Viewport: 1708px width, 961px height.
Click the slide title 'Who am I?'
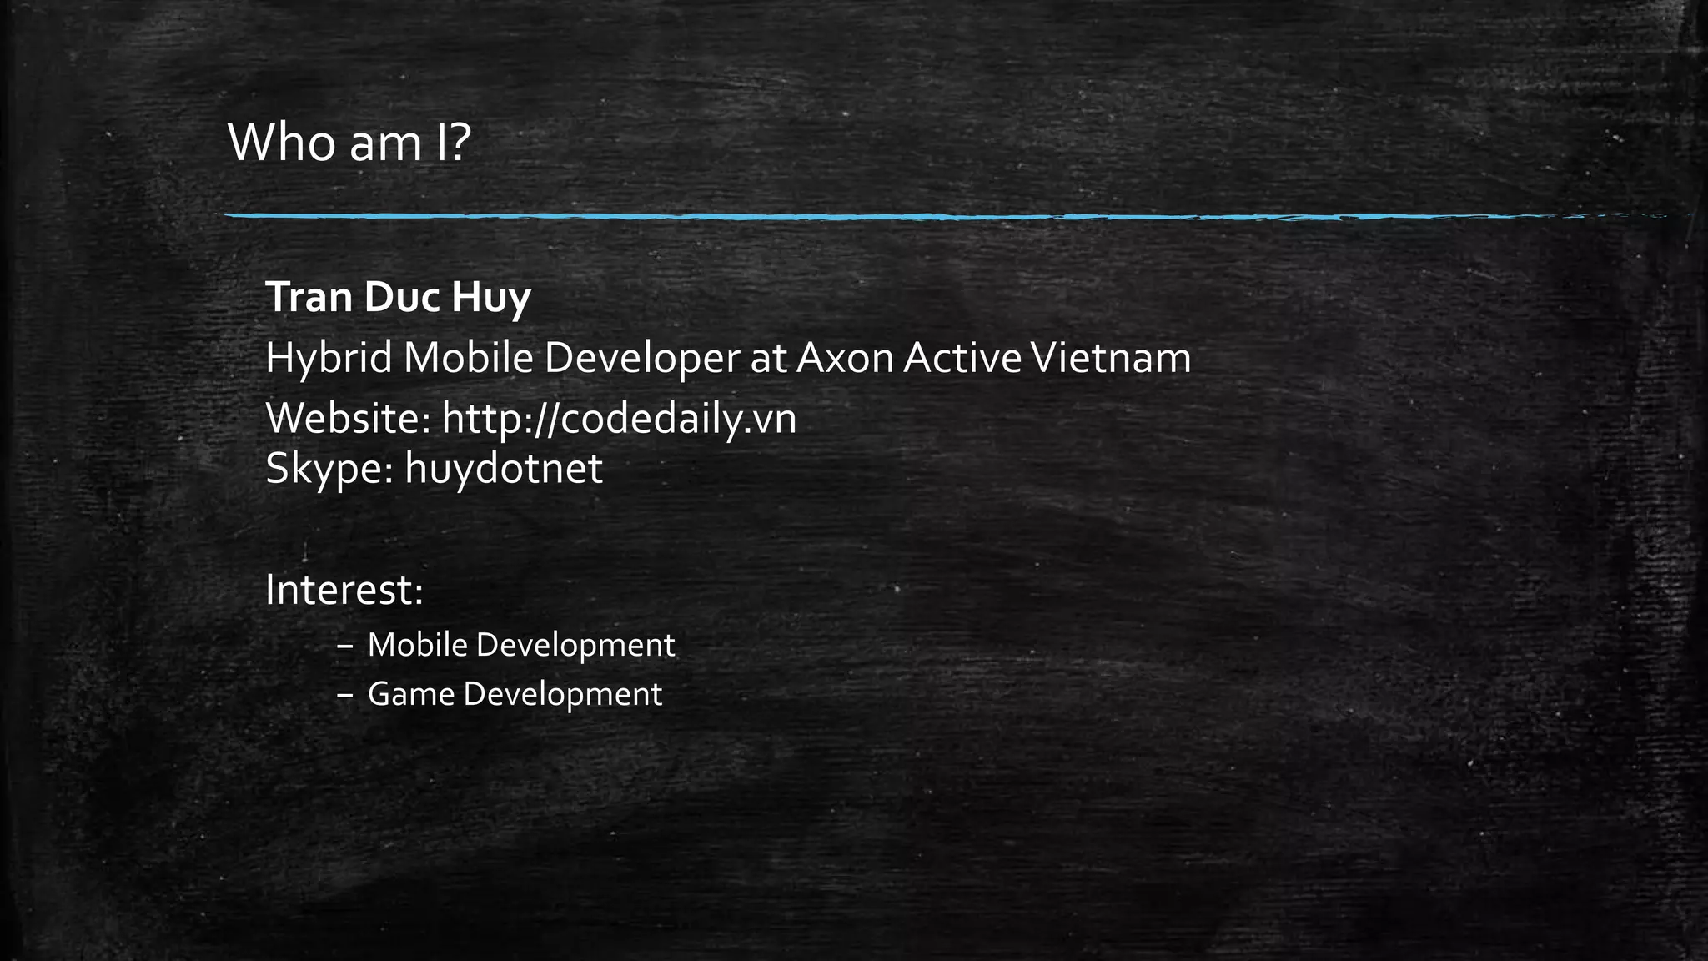[349, 143]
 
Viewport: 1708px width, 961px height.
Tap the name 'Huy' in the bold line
[490, 298]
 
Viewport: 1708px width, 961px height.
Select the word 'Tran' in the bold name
[308, 297]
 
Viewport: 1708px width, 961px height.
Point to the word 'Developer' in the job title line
[641, 359]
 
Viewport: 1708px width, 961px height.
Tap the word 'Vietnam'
[1111, 359]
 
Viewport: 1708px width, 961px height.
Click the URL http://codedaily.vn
[619, 418]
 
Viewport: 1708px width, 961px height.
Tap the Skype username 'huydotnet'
[504, 468]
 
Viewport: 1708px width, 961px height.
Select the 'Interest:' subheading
[344, 591]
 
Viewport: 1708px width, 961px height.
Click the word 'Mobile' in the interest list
[417, 645]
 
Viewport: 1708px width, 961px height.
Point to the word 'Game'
[410, 694]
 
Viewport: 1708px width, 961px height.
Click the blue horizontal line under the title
[834, 216]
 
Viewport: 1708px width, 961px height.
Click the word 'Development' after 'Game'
[562, 695]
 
